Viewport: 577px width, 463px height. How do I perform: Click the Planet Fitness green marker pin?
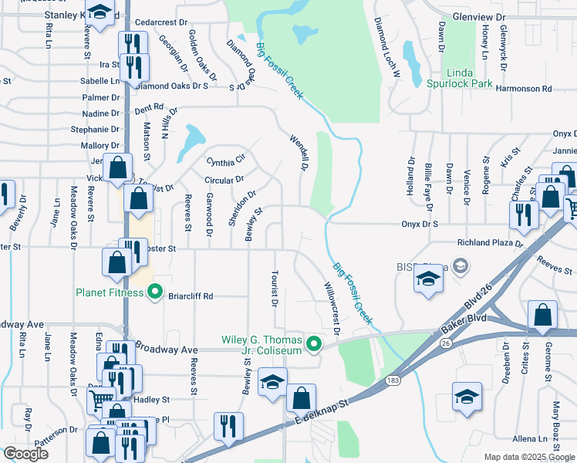154,292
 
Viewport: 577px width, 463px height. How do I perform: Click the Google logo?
25,453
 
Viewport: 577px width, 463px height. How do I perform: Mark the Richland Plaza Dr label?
490,242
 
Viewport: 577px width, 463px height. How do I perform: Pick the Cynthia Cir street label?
225,161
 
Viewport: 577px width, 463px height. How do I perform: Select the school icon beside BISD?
425,280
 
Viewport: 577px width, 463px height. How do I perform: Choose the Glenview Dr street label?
478,16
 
